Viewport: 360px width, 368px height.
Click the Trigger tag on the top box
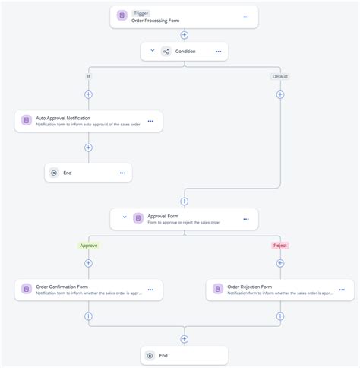click(x=141, y=13)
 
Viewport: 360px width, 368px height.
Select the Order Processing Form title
click(x=156, y=21)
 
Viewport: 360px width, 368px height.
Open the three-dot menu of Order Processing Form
click(x=245, y=17)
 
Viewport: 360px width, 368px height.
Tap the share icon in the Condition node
click(x=166, y=52)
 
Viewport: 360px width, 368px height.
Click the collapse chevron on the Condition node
click(x=152, y=51)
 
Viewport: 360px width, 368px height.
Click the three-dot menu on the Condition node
click(x=218, y=52)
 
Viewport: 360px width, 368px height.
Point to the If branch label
click(x=88, y=76)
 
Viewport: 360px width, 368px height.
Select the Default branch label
click(x=280, y=76)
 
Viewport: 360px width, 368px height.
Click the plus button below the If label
click(x=88, y=94)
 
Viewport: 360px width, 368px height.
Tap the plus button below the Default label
click(x=280, y=94)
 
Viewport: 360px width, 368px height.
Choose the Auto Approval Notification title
click(x=63, y=118)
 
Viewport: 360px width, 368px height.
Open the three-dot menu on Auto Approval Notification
click(x=150, y=121)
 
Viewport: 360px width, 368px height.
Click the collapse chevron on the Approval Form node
click(x=125, y=217)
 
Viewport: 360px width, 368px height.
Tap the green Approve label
click(x=88, y=246)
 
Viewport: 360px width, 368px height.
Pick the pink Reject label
click(x=280, y=246)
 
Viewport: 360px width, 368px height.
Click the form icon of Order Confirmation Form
click(x=26, y=290)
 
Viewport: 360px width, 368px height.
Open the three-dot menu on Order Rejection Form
click(x=342, y=290)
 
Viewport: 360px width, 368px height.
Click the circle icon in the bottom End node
click(x=150, y=355)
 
